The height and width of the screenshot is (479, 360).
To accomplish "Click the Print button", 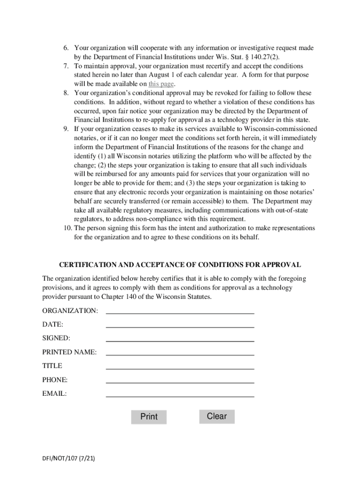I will pyautogui.click(x=149, y=416).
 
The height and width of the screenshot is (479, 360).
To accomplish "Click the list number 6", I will pyautogui.click(x=66, y=48).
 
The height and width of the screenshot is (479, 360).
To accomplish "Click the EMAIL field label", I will pyautogui.click(x=55, y=394).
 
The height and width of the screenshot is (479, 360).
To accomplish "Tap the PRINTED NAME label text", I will pyautogui.click(x=69, y=352).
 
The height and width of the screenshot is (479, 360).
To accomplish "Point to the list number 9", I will pyautogui.click(x=66, y=129).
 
